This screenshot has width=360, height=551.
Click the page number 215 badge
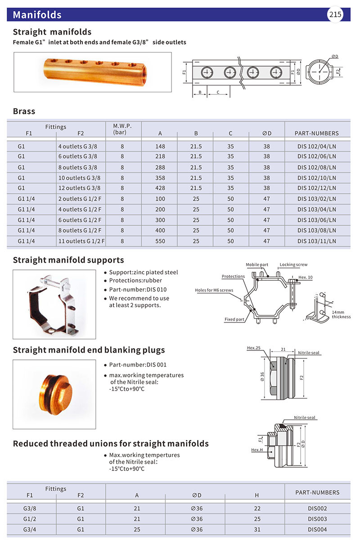[x=335, y=14]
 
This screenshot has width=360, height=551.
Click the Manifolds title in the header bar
[x=37, y=15]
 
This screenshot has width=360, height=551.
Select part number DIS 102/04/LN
[x=317, y=147]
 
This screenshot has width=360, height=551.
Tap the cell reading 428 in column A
[x=160, y=188]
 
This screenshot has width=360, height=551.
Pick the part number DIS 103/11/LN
[x=317, y=241]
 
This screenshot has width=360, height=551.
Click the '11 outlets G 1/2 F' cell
[x=81, y=241]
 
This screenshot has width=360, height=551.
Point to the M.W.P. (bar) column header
[x=120, y=129]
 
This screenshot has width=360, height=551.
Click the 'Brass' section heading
[x=24, y=111]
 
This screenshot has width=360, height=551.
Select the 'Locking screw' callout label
[x=293, y=264]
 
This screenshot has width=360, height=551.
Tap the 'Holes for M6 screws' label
[x=214, y=290]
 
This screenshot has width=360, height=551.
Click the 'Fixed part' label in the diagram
[x=234, y=319]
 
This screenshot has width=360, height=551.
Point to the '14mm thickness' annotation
[x=341, y=314]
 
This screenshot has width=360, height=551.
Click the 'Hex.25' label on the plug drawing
[x=254, y=348]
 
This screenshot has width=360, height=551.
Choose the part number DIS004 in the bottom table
[x=317, y=529]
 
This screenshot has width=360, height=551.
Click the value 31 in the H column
[x=257, y=529]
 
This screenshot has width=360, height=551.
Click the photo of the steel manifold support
[x=54, y=304]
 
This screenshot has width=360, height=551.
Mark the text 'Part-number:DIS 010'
[x=135, y=289]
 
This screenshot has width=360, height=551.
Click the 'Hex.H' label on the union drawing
[x=257, y=450]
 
